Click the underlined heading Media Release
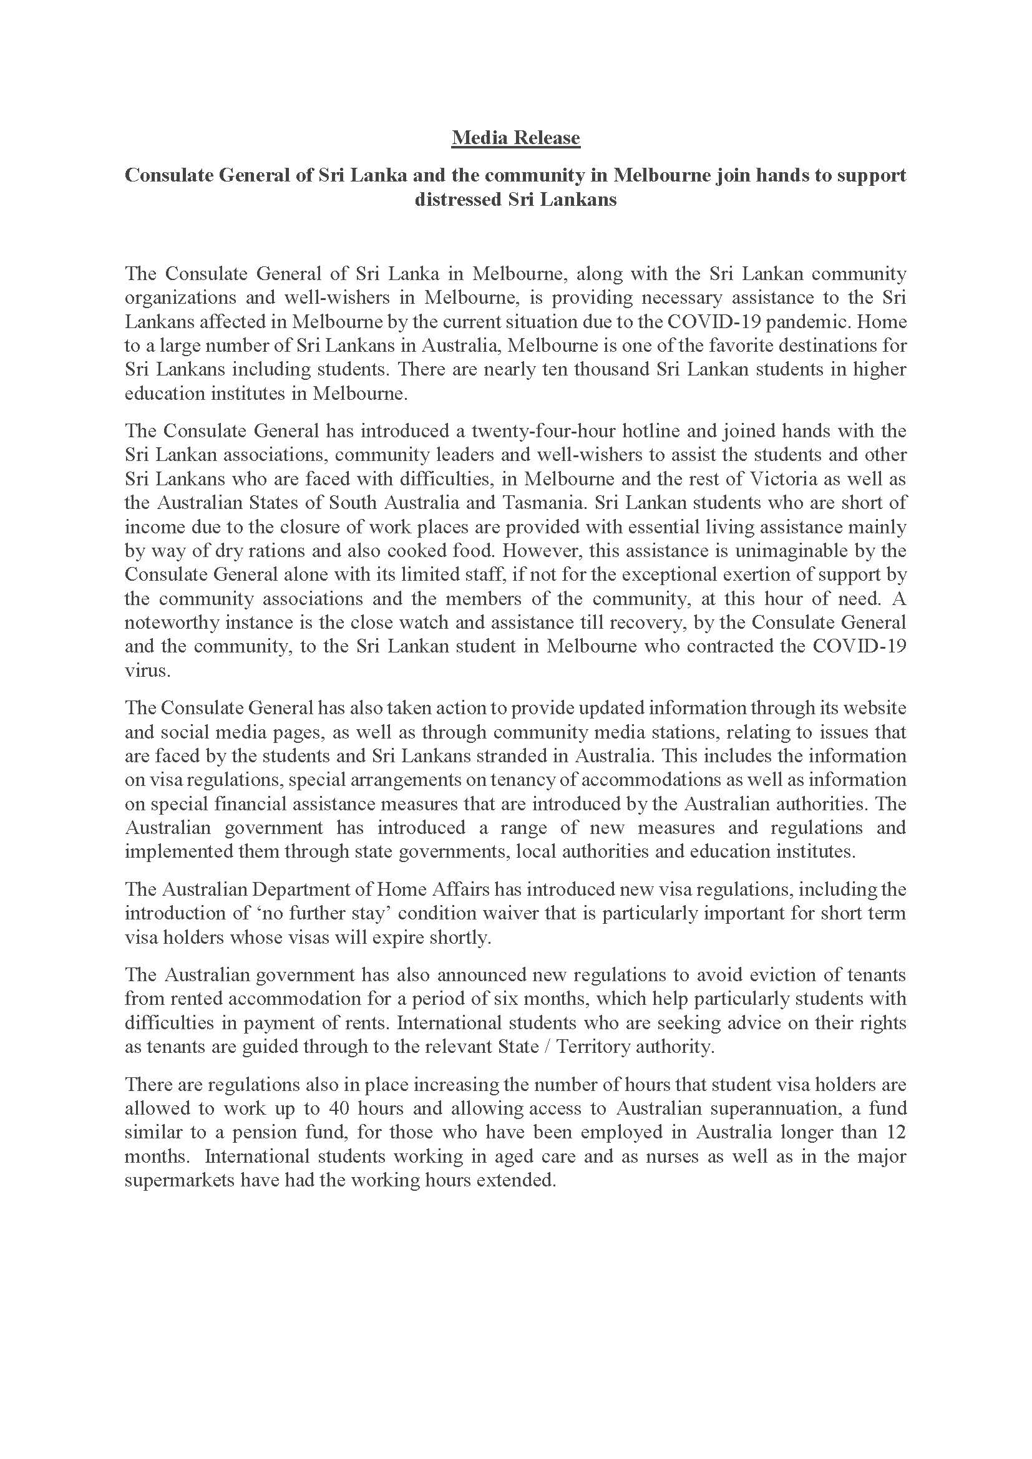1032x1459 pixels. [515, 138]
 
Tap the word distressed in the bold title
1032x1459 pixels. [458, 200]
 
